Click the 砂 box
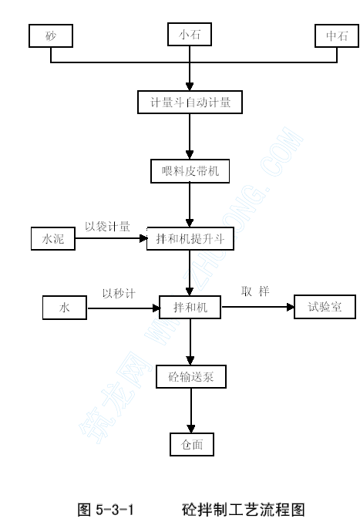coord(51,35)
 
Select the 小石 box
coord(190,34)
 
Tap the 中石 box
coord(337,35)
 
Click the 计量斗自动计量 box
coord(190,102)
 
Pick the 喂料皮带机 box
coord(190,171)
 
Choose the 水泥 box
coord(53,239)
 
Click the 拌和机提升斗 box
coord(190,239)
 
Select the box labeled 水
coord(65,308)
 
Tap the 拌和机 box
coord(190,308)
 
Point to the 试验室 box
coord(325,307)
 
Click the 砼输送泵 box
coord(191,376)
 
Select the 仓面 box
coord(192,444)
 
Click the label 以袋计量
coord(107,227)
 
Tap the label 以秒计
coord(119,294)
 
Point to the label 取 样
coord(255,291)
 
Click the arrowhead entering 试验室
coord(291,307)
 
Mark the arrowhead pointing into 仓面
coord(191,429)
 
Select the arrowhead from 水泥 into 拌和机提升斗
coord(143,238)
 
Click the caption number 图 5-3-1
coord(106,510)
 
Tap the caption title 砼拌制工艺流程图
coord(244,510)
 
